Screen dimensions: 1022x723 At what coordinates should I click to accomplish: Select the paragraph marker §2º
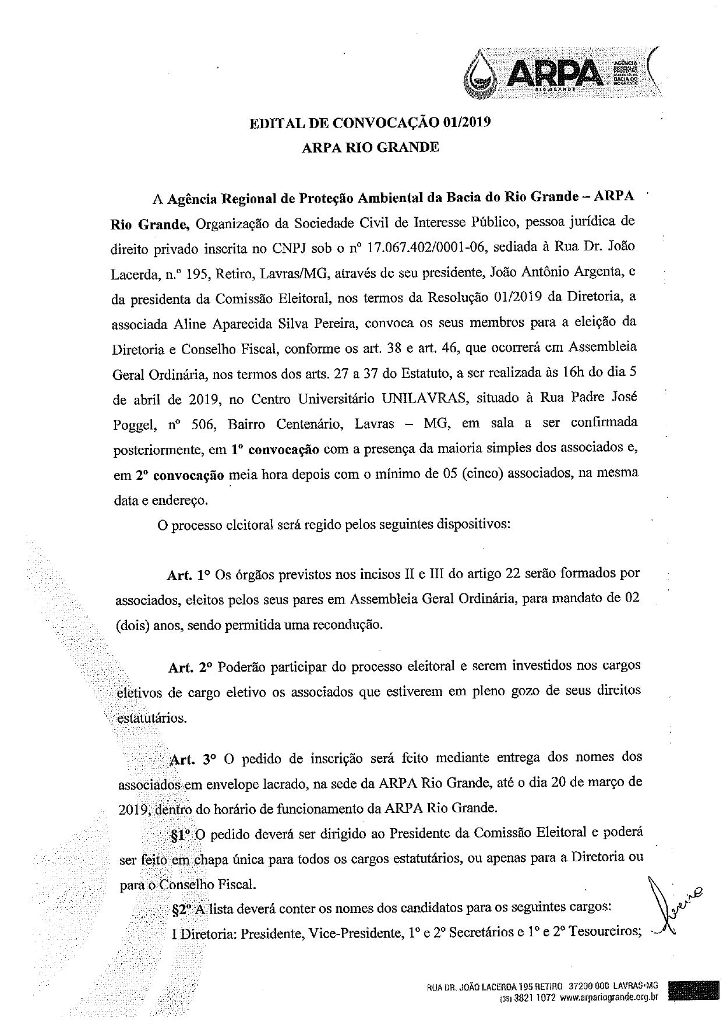tap(182, 907)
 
